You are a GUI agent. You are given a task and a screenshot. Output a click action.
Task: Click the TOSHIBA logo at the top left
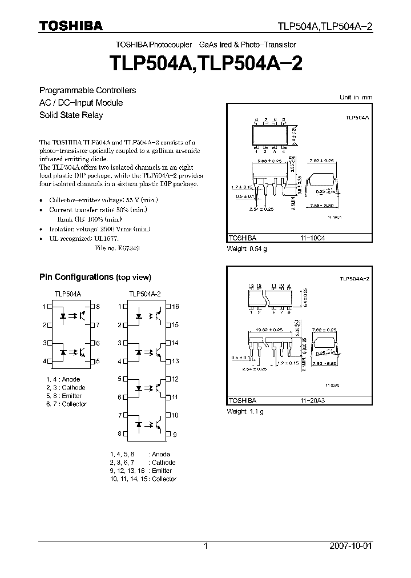pos(71,26)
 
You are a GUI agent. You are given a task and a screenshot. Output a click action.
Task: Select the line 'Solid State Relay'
pos(71,115)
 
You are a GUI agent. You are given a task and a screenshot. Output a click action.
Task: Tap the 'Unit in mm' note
pos(356,97)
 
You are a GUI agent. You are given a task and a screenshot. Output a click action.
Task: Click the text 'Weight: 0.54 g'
pos(247,248)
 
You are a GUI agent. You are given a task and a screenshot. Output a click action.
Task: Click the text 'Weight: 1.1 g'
pos(245,411)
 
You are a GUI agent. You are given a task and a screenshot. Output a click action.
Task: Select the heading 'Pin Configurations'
pos(76,277)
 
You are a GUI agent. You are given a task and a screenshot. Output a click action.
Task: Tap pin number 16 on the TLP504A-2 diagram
pos(175,307)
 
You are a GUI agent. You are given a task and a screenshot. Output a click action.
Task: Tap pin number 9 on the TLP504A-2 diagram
pos(175,433)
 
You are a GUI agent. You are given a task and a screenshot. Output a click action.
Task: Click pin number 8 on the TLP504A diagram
pos(98,307)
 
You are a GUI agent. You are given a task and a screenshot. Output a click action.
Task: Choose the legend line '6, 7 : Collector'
pos(66,404)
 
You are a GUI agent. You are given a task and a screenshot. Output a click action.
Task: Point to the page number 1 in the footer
pos(205,546)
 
